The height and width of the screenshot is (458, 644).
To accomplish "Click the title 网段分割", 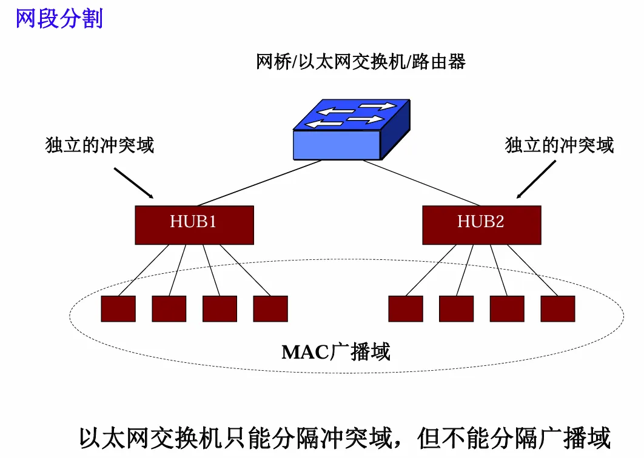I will click(x=59, y=18).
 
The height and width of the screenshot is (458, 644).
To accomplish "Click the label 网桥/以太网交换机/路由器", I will click(x=361, y=62).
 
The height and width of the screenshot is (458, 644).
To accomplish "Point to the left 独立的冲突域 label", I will click(x=100, y=145).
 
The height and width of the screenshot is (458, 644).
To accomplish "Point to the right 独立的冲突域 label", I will click(x=559, y=145).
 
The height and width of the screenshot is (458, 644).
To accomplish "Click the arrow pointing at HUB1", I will click(x=134, y=183).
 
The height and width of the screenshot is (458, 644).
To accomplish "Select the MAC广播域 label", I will click(x=336, y=351).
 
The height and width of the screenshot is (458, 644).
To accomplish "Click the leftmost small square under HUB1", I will click(x=118, y=308).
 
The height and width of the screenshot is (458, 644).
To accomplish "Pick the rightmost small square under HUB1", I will click(x=270, y=308).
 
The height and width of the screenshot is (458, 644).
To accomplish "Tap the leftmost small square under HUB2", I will click(x=406, y=308).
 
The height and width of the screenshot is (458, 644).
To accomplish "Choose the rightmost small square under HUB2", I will click(x=558, y=308).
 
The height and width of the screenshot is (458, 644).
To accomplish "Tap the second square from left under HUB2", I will click(x=456, y=308).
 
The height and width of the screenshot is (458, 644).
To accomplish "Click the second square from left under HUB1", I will click(x=169, y=308).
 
